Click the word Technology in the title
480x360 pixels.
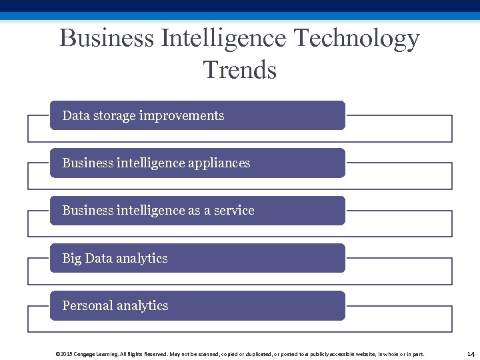tap(357, 38)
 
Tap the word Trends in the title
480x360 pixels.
tap(239, 69)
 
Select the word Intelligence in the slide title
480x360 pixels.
tap(223, 38)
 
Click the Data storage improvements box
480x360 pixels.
tap(197, 115)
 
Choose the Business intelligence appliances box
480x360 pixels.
tap(197, 163)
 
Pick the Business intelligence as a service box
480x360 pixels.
tap(197, 210)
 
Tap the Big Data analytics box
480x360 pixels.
tap(197, 258)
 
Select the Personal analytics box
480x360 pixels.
tap(197, 305)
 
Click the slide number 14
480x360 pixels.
tap(471, 353)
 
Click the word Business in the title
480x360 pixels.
tap(106, 38)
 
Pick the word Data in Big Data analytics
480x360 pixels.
tap(98, 259)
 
